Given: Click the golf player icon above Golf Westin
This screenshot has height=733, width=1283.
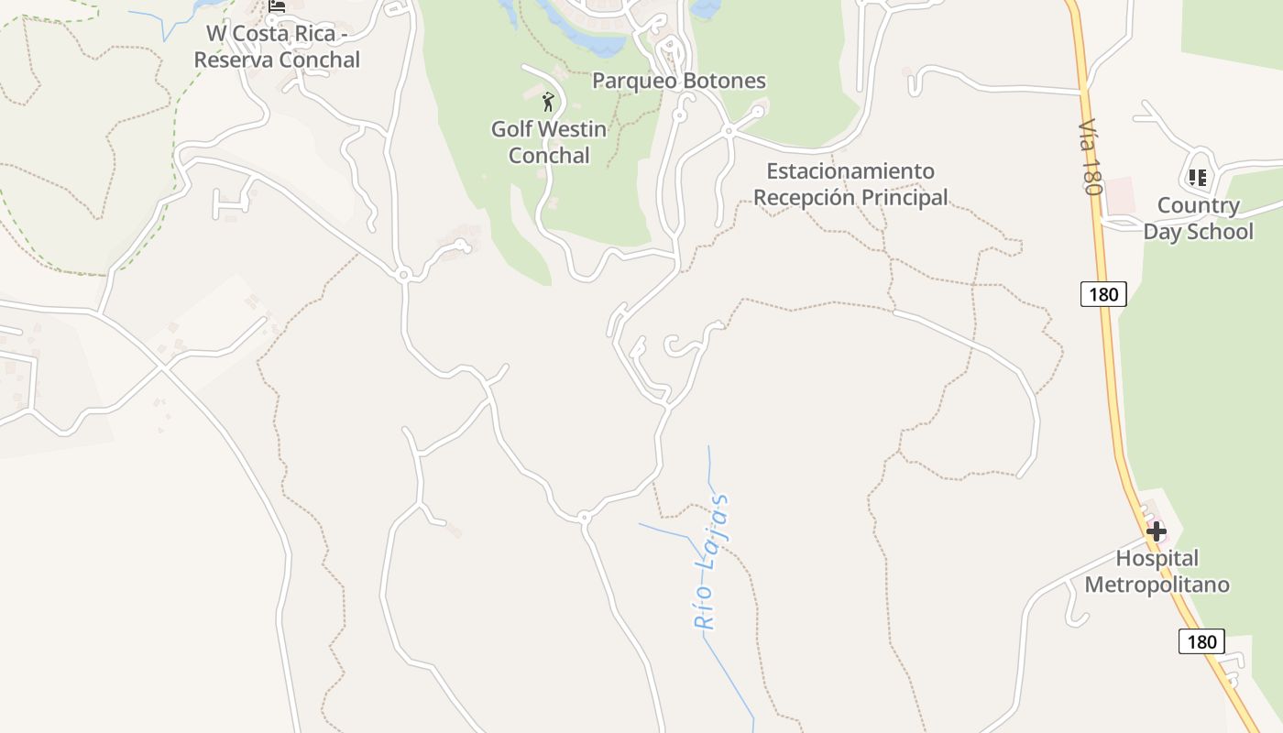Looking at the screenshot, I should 548,102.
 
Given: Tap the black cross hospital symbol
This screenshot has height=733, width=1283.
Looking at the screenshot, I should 1156,531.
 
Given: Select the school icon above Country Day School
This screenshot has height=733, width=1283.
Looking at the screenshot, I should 1197,177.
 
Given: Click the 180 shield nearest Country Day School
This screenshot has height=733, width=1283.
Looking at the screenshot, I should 1103,294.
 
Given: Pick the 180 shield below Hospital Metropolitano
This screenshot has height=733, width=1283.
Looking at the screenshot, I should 1201,641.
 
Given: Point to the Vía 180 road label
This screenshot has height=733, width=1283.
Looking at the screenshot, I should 1089,157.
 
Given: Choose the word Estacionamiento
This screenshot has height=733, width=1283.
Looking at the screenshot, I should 850,171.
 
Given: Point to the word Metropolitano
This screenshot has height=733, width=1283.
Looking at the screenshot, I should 1157,585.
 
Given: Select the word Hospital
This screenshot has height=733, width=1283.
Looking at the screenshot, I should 1157,558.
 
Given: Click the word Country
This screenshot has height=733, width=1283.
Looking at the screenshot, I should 1198,205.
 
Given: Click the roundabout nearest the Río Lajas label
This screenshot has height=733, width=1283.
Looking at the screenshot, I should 584,518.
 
